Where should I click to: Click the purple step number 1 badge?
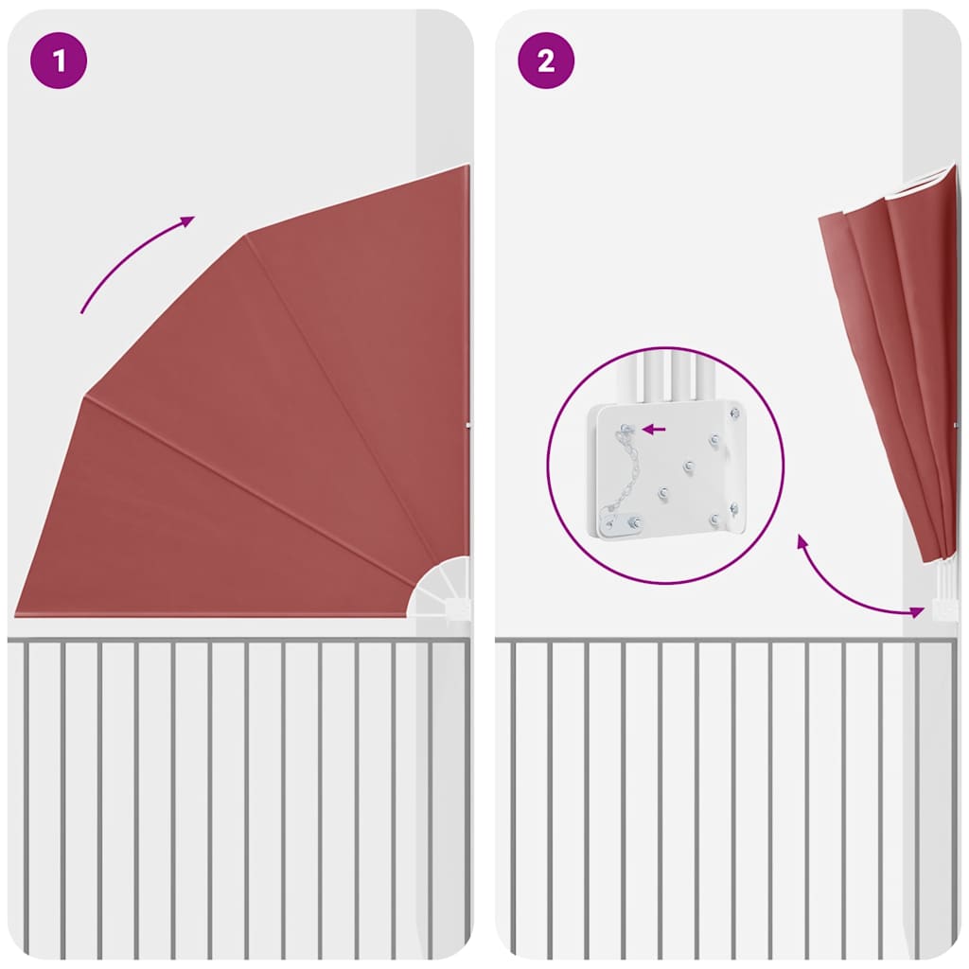click(x=59, y=61)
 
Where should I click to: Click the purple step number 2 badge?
click(x=546, y=61)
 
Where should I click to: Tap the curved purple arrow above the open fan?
click(x=132, y=259)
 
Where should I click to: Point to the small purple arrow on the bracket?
click(x=654, y=429)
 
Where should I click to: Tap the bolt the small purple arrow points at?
click(x=626, y=429)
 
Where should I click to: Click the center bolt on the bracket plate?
click(x=689, y=466)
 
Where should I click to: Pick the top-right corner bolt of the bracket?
click(x=734, y=413)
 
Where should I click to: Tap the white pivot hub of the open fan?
click(x=440, y=587)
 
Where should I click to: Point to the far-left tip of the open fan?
click(x=15, y=614)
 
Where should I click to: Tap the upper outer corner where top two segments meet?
click(x=247, y=235)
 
